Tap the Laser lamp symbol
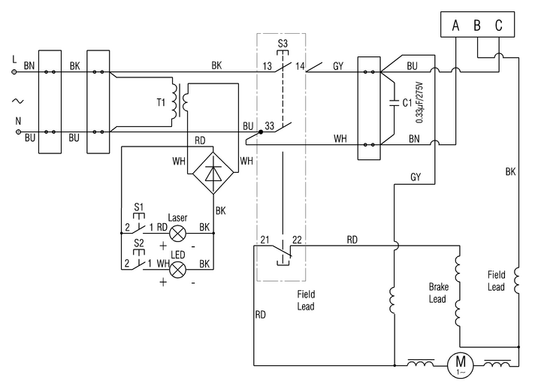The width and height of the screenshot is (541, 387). (177, 233)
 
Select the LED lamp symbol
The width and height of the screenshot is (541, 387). (177, 269)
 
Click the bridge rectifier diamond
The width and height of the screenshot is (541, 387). (213, 173)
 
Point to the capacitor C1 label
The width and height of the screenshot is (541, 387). (407, 102)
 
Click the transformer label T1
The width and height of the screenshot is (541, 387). (161, 102)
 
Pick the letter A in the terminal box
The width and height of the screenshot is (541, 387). (456, 26)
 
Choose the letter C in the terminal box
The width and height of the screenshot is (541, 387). (499, 26)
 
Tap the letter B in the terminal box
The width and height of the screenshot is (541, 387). (477, 26)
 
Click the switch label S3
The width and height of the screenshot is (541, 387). (283, 44)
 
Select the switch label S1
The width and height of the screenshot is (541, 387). (139, 207)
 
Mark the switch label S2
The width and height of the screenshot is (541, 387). (139, 243)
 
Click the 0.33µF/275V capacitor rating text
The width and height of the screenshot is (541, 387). (419, 102)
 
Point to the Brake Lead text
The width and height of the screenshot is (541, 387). (439, 293)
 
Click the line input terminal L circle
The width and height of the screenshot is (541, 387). (14, 72)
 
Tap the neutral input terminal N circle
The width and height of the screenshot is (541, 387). (19, 132)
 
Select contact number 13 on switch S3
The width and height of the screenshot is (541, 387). (267, 66)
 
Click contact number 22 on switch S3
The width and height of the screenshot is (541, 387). (297, 240)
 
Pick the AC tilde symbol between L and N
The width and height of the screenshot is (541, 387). (17, 101)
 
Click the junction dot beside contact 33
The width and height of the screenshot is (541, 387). (261, 132)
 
